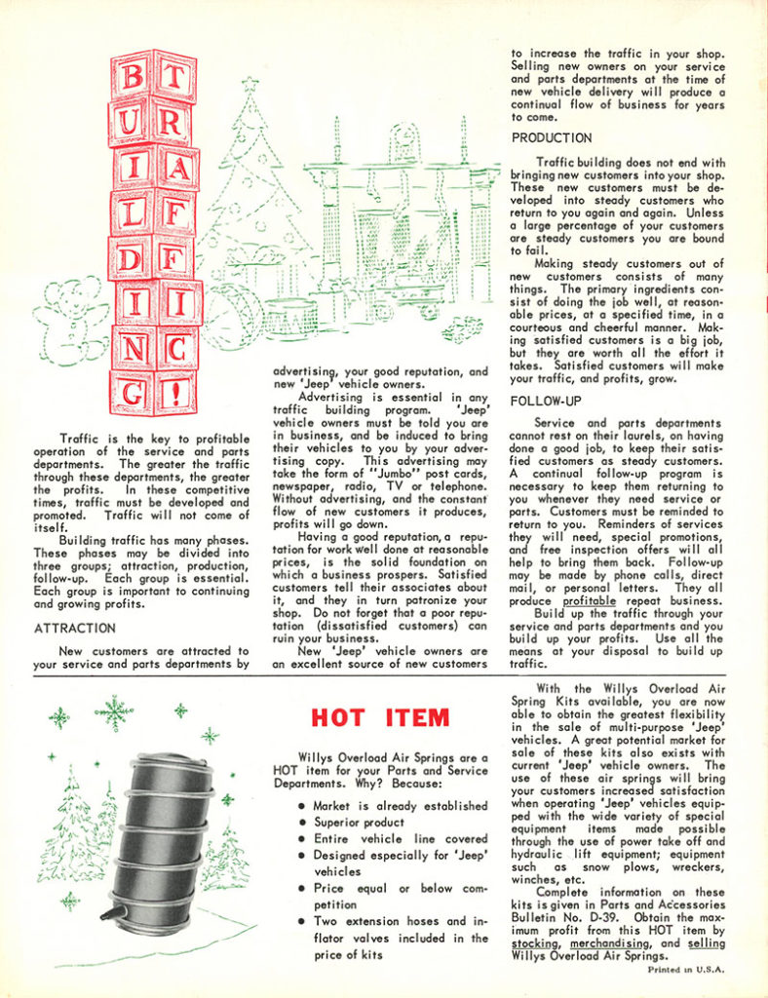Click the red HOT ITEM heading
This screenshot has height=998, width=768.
[381, 719]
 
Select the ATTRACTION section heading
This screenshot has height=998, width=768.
[75, 629]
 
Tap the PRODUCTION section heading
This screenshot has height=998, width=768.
[552, 137]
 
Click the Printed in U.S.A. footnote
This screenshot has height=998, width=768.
[687, 970]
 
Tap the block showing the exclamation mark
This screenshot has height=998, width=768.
[176, 393]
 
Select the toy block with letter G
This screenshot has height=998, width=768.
[132, 395]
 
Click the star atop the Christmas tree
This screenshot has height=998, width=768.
[249, 85]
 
